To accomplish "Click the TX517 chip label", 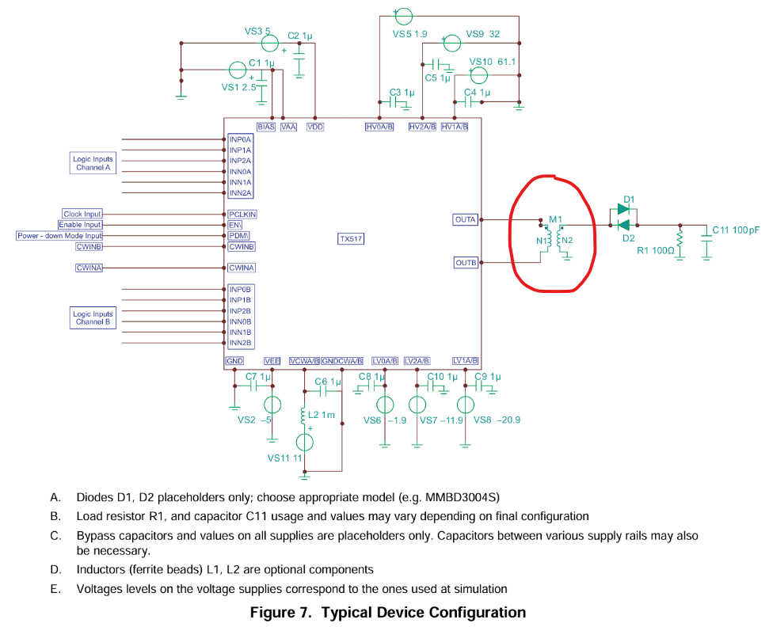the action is tap(351, 239).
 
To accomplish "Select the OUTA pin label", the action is tap(465, 219).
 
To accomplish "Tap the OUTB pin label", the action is tap(466, 263).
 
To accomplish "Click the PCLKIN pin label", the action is tap(242, 215).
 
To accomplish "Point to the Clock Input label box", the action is tap(82, 214).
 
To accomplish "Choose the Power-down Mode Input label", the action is tap(59, 236).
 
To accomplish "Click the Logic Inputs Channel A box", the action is tap(93, 163).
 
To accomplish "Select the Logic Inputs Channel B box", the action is tap(93, 317).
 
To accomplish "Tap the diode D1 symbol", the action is tap(623, 209).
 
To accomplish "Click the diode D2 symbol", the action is tap(623, 225).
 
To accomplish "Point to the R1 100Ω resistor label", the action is tap(655, 250).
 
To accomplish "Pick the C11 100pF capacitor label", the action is tap(736, 230).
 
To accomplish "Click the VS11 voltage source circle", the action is tap(305, 443).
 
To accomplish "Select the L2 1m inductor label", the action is tap(322, 415).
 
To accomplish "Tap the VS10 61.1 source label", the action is tap(493, 62).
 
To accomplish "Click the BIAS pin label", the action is tap(266, 127).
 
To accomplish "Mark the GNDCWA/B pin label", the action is tap(342, 361).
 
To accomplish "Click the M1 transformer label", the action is tap(555, 219).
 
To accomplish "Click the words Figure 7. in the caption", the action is tap(280, 613).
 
